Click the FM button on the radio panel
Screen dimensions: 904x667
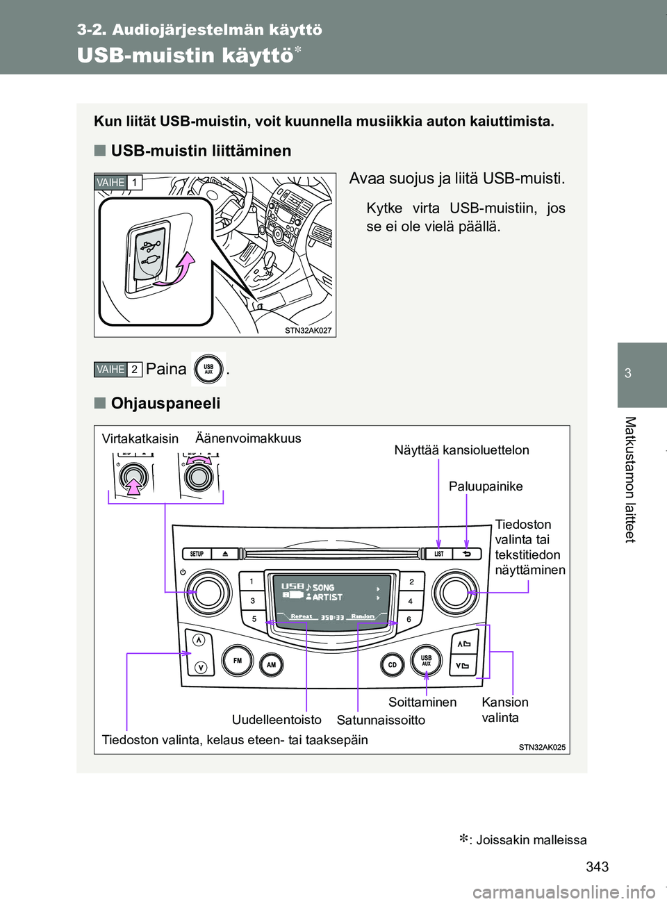238,661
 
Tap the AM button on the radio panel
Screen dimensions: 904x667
272,665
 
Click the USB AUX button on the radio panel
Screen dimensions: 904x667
426,660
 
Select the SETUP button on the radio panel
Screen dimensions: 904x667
197,554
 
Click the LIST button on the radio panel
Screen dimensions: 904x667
439,554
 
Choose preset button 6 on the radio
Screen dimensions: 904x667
409,618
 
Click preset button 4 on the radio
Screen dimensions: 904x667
411,600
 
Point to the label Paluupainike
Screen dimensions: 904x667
486,486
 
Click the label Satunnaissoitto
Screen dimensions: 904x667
381,720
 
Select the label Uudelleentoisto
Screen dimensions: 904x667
277,719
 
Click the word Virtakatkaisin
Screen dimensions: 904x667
140,438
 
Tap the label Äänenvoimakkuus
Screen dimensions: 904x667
248,438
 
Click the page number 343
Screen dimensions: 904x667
598,866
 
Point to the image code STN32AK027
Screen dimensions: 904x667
308,331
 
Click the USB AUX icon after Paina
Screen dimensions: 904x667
208,369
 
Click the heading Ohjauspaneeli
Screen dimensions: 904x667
165,404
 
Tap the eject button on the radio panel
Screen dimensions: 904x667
226,554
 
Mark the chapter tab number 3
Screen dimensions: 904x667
628,373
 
